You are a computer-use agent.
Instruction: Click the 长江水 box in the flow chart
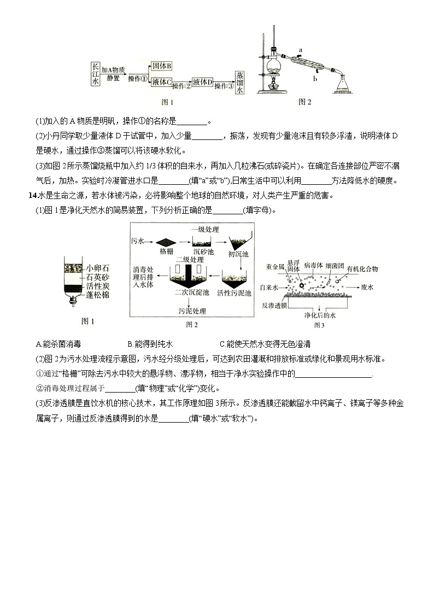pyautogui.click(x=96, y=73)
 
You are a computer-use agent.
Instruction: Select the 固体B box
pyautogui.click(x=162, y=66)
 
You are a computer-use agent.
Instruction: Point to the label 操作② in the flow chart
pyautogui.click(x=181, y=86)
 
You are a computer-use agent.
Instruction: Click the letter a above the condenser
pyautogui.click(x=300, y=50)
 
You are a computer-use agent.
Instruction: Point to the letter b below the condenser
pyautogui.click(x=315, y=78)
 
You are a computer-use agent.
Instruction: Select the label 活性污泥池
pyautogui.click(x=234, y=293)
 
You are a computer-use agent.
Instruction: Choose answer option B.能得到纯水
pyautogui.click(x=150, y=344)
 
